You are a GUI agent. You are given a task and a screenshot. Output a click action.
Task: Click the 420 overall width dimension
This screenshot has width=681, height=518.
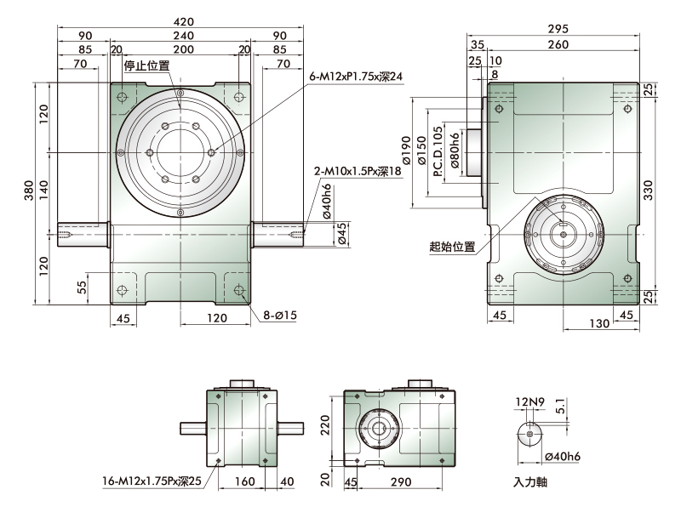pyautogui.click(x=183, y=21)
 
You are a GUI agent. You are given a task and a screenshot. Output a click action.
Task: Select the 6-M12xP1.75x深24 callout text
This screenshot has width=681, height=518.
pyautogui.click(x=356, y=77)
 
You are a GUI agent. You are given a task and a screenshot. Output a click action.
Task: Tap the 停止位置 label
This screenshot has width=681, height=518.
pyautogui.click(x=146, y=65)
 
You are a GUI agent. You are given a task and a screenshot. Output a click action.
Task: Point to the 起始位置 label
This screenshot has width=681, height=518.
pyautogui.click(x=452, y=247)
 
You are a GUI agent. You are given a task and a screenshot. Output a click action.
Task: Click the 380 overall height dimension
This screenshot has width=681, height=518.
pyautogui.click(x=29, y=191)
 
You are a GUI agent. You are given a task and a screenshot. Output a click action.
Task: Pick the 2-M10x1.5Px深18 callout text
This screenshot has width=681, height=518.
pyautogui.click(x=358, y=171)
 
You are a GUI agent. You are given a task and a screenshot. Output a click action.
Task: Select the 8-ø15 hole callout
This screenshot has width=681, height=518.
pyautogui.click(x=280, y=315)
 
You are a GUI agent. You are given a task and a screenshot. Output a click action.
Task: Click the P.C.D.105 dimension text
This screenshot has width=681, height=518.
pyautogui.click(x=438, y=151)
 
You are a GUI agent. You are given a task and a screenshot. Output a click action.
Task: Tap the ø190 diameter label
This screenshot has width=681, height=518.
pyautogui.click(x=407, y=151)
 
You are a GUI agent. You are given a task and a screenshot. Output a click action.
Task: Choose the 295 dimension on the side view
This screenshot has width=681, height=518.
pyautogui.click(x=558, y=29)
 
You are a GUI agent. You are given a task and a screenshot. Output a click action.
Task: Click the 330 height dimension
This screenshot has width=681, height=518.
pyautogui.click(x=648, y=190)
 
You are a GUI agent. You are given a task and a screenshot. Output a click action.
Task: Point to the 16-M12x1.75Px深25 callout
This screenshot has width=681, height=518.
pyautogui.click(x=152, y=481)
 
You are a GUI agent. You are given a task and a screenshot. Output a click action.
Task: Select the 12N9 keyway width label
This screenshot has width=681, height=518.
pyautogui.click(x=529, y=402)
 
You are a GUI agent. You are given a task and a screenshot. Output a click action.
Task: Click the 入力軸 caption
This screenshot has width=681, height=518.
pyautogui.click(x=529, y=482)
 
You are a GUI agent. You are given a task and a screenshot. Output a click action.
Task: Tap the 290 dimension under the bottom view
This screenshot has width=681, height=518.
pyautogui.click(x=400, y=482)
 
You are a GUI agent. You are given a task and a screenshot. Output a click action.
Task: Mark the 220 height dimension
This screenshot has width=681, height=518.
pyautogui.click(x=326, y=425)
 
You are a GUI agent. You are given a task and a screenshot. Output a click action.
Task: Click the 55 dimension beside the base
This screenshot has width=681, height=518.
pyautogui.click(x=82, y=287)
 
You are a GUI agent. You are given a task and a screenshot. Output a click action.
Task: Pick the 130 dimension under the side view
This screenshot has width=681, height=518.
pyautogui.click(x=599, y=323)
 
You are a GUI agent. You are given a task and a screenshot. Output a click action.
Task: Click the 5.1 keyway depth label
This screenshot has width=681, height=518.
pyautogui.click(x=560, y=406)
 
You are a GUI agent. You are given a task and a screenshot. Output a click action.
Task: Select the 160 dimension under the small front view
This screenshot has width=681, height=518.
pyautogui.click(x=244, y=481)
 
